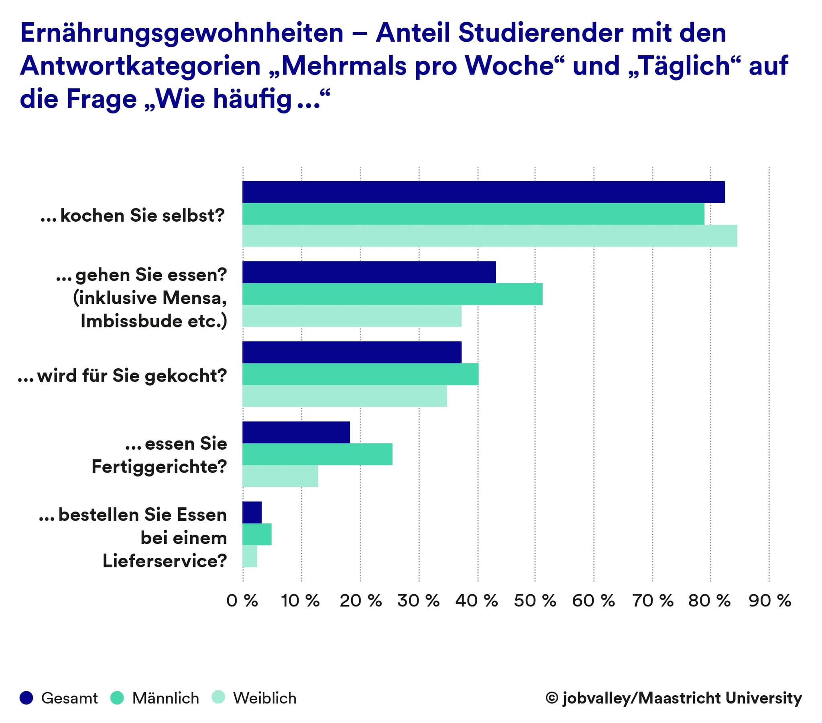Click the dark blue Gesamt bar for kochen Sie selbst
[483, 192]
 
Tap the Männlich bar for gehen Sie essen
[392, 294]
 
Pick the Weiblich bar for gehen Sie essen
[352, 316]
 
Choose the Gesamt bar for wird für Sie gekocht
[352, 352]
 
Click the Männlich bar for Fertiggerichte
[317, 454]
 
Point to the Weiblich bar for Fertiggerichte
[280, 476]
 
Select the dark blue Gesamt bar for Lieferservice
[252, 513]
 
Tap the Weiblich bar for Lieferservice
[250, 556]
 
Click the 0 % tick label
[242, 601]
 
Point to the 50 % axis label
[535, 601]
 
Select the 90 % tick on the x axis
[770, 601]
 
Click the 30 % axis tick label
[418, 601]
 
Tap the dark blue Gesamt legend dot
[26, 698]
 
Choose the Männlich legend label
[166, 699]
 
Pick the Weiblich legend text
[265, 699]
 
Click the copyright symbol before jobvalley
[552, 698]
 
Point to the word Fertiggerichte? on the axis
[159, 467]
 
